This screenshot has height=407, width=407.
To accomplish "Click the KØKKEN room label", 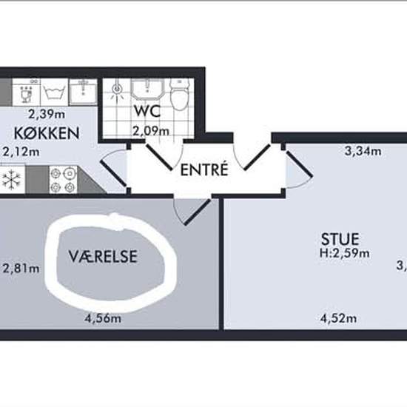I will coord(46,134).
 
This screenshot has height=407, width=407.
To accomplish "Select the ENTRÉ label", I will coord(203,169).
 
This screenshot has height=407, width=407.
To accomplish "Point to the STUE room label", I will coord(340,239).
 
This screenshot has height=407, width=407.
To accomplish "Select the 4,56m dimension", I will coord(103,319).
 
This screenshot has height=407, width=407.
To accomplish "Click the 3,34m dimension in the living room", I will coord(363,152).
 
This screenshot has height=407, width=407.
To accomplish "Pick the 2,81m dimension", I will coord(21,268).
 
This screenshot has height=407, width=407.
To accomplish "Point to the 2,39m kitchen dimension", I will coord(47,114).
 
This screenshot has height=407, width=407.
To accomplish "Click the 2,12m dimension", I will coord(21,152).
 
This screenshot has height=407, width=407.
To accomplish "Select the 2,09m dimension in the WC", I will coord(150,131).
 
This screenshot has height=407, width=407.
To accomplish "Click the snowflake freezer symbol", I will coord(10,179).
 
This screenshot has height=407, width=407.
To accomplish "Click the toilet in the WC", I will coord(179,95).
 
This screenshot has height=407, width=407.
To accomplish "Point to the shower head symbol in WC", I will coord(117,92).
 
